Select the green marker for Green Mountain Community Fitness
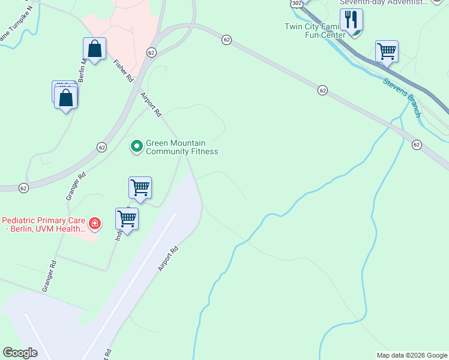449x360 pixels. pyautogui.click(x=137, y=146)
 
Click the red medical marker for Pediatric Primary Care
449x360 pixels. pyautogui.click(x=95, y=224)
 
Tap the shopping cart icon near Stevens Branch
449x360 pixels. pyautogui.click(x=387, y=51)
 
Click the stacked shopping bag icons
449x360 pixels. pyautogui.click(x=65, y=96)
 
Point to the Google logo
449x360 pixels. pyautogui.click(x=20, y=353)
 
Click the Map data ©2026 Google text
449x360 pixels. pyautogui.click(x=411, y=355)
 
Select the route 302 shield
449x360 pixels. pyautogui.click(x=297, y=3)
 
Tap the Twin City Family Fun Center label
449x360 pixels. pyautogui.click(x=313, y=31)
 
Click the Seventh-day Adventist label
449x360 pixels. pyautogui.click(x=384, y=2)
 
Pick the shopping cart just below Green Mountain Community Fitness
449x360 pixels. pyautogui.click(x=140, y=187)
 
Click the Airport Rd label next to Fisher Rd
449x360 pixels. pyautogui.click(x=151, y=104)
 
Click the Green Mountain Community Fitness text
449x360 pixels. pyautogui.click(x=176, y=147)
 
